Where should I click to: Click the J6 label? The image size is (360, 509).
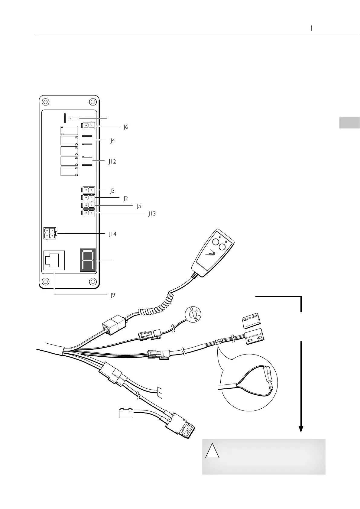(125, 127)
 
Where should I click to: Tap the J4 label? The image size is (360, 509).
(112, 141)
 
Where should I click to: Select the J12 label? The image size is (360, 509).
(112, 162)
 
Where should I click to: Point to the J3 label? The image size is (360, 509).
(112, 191)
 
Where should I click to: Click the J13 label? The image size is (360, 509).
(152, 214)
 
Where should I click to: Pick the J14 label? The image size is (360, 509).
(112, 234)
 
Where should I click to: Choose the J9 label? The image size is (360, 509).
(112, 295)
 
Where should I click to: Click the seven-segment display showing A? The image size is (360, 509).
(88, 260)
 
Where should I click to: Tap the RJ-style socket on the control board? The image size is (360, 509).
(54, 260)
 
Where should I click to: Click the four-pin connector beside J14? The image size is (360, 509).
(50, 233)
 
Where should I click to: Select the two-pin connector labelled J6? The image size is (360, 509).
(88, 125)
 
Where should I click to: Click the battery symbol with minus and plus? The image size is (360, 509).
(126, 413)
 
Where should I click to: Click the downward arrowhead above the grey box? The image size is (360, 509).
(301, 429)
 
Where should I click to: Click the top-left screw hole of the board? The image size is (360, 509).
(45, 102)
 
